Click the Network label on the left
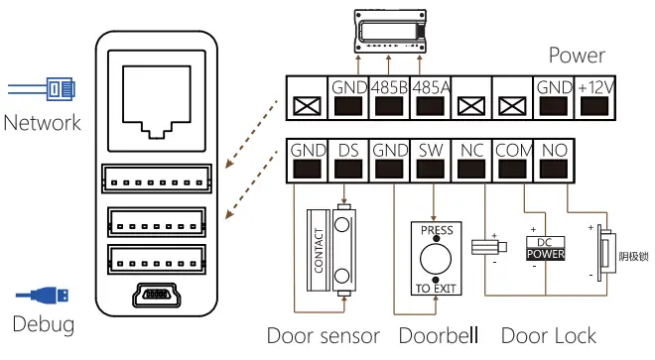pos(42,123)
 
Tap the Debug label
pos(43,324)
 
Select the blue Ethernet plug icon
pos(50,90)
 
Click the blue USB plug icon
pos(50,295)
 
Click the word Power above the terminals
pos(577,55)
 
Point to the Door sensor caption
pos(323,336)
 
